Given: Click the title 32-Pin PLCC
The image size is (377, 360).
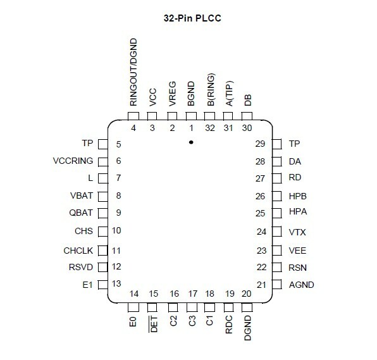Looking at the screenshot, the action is [192, 18].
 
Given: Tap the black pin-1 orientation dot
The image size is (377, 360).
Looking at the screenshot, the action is [191, 142].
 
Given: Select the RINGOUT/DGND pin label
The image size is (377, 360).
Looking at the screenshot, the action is [133, 72].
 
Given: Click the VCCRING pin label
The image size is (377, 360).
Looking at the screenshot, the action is [73, 161].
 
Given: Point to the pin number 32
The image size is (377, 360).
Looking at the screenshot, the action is [210, 128].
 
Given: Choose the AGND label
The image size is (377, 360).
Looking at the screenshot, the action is [302, 285].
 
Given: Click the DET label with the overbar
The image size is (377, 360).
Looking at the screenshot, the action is [154, 324].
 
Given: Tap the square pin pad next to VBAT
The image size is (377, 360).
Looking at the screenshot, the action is [103, 197].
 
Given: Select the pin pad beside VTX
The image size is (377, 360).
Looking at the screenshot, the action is [276, 232].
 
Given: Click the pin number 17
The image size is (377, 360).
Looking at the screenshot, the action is [193, 294].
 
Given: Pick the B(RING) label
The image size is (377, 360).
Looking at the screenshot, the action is [211, 89].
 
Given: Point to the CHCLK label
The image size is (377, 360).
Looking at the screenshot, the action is [78, 251].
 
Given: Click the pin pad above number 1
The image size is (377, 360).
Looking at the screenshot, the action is [191, 116].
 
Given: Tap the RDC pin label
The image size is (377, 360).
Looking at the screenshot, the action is [229, 325].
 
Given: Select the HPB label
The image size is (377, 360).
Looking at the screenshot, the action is [298, 196].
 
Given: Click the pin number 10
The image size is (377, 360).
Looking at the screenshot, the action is [116, 230].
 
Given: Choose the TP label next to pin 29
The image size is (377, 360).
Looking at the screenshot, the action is [294, 144].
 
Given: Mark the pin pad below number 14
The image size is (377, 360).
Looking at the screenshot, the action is [133, 307].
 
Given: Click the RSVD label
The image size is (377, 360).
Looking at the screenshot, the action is [81, 267].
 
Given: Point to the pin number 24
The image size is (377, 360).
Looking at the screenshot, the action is [262, 232].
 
